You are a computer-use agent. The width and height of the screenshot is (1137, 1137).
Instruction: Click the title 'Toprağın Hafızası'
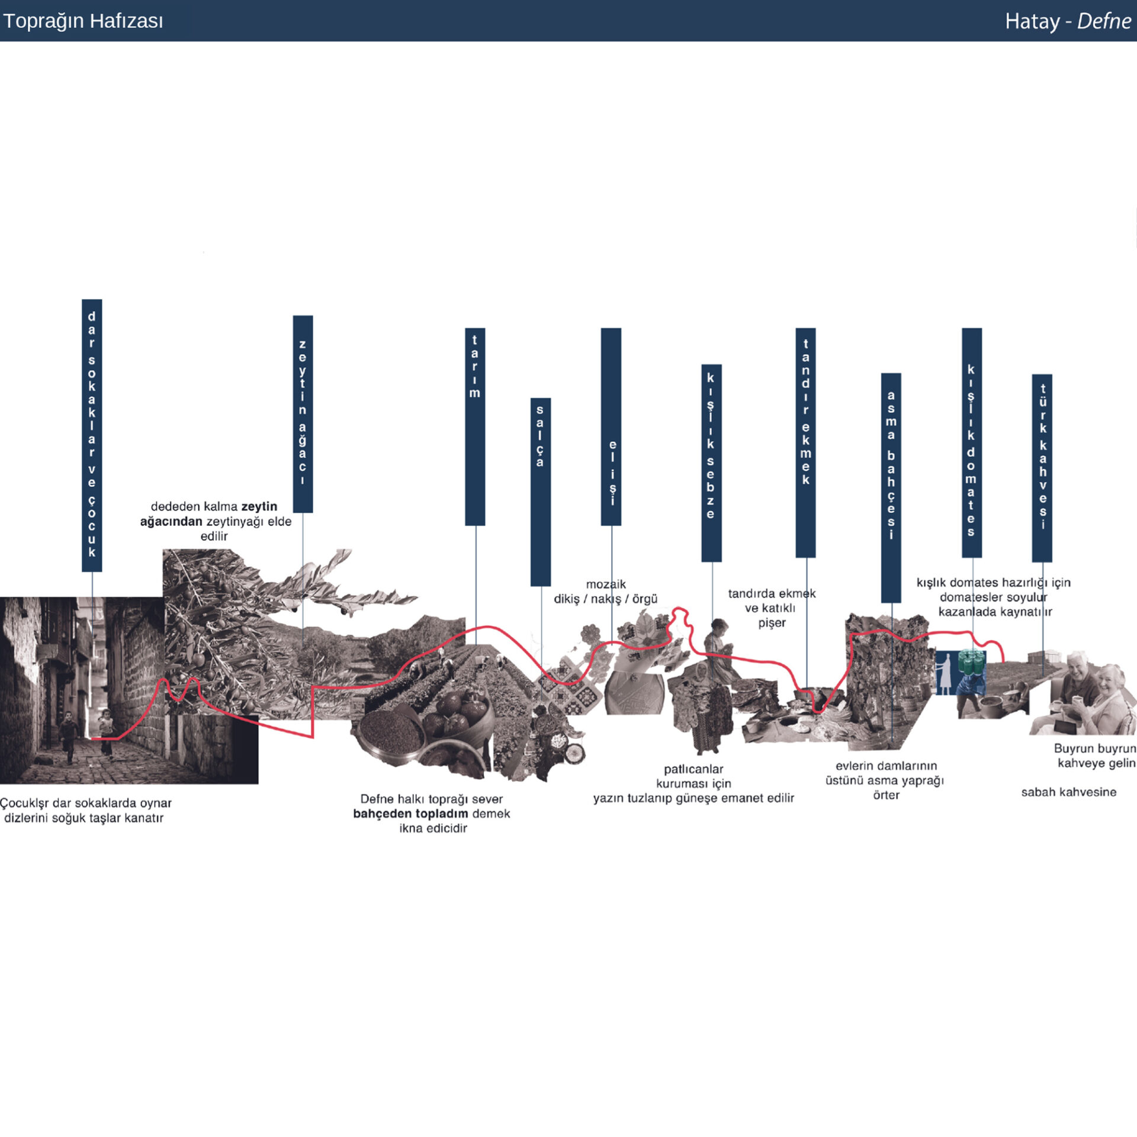tap(83, 21)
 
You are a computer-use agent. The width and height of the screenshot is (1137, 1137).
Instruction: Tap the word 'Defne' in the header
tap(1104, 21)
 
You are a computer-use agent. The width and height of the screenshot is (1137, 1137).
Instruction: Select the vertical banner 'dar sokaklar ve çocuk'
tap(92, 435)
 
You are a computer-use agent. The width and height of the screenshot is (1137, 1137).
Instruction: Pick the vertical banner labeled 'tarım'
tap(475, 426)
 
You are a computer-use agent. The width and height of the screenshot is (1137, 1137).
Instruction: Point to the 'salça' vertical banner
tap(540, 492)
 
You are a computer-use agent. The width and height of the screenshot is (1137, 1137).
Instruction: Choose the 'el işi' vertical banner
tap(611, 426)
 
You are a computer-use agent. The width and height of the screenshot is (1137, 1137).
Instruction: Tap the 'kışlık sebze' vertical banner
tap(711, 462)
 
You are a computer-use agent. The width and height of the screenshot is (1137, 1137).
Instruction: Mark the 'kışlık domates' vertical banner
tap(971, 442)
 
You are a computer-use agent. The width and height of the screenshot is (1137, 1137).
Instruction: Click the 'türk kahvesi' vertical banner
tap(1042, 468)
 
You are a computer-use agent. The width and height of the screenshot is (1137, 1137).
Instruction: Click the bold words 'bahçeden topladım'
tap(410, 814)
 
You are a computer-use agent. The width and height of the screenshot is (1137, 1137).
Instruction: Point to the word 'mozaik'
tap(606, 584)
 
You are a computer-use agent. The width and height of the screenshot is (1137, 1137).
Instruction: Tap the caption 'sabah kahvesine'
tap(1068, 792)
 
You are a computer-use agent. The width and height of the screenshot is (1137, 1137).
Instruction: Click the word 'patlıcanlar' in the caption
tap(693, 769)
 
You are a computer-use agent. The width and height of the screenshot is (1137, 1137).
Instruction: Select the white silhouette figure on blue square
tap(945, 673)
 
